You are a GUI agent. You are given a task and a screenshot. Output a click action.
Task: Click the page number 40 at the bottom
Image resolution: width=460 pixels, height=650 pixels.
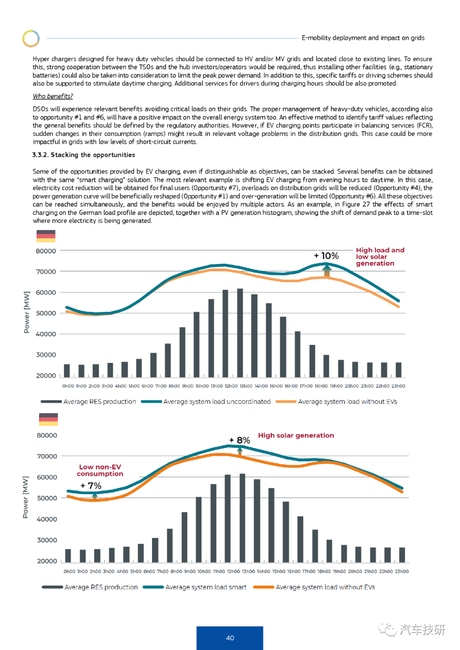pos(230,638)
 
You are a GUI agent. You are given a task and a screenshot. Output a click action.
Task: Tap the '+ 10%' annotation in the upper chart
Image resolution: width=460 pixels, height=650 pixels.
pos(326,256)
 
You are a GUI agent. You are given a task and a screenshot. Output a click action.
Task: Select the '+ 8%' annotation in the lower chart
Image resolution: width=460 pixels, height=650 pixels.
pos(239,440)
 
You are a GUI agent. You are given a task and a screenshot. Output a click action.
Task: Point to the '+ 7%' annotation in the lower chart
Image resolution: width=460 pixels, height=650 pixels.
pos(91,486)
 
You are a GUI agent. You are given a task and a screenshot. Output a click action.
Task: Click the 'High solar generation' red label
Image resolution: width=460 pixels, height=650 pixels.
pos(296,435)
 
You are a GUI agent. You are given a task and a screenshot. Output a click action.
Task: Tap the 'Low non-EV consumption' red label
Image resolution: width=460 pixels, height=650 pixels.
pos(100,470)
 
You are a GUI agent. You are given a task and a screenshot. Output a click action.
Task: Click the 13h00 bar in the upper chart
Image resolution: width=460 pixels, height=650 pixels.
pos(240,333)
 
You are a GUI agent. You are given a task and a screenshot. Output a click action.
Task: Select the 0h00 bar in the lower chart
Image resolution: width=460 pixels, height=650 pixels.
pos(68,556)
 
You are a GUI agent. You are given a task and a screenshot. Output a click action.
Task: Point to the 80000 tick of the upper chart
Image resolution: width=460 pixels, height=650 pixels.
pos(46,251)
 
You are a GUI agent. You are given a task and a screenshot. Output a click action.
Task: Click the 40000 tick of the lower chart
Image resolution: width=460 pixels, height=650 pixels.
pos(47,519)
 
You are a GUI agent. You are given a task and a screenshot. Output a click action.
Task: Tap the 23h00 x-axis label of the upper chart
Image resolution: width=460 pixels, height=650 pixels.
pos(398,386)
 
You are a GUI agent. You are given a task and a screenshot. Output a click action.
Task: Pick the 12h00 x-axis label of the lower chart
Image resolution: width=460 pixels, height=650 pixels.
pos(233,571)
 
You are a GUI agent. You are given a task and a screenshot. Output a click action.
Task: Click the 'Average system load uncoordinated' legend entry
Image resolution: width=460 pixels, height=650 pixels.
pos(206,402)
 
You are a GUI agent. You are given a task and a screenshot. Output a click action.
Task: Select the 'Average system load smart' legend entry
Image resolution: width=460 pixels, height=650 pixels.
pos(195,587)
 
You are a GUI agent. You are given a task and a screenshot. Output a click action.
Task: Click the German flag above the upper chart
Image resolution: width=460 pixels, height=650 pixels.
pos(46,236)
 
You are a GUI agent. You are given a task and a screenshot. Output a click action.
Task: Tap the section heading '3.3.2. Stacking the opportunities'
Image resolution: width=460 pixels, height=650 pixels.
pos(83,155)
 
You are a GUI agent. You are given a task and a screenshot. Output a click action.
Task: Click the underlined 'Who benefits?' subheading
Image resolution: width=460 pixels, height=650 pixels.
pos(53,96)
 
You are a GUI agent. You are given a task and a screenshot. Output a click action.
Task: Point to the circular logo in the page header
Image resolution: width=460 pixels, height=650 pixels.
pos(31,38)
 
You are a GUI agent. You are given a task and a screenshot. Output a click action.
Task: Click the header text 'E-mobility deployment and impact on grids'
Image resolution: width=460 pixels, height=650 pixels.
pos(363,38)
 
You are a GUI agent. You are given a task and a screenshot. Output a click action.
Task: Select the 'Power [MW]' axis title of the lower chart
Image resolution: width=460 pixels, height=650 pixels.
pos(26,497)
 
